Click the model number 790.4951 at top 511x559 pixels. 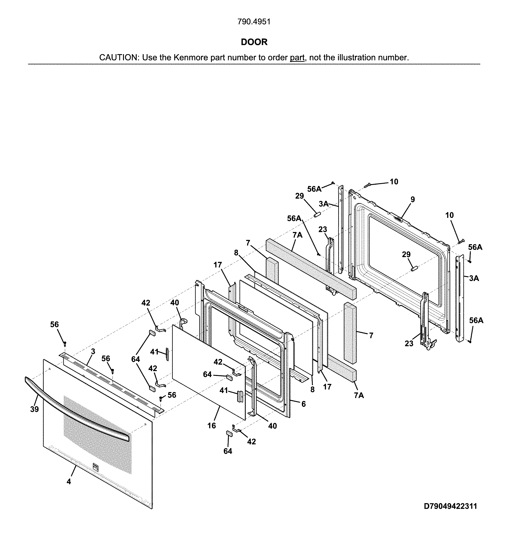coord(254,22)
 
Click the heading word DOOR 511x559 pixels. coord(254,42)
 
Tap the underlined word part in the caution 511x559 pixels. coord(297,58)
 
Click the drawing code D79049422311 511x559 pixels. coord(450,506)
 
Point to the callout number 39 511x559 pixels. coord(34,409)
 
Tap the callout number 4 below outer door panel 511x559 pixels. coord(69,482)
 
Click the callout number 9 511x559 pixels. coord(413,199)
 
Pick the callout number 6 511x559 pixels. coord(304,404)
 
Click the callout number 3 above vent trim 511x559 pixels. coord(93,351)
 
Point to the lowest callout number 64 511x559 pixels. coord(228,451)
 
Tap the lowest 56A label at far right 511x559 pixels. coord(476,321)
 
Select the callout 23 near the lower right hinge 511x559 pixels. coord(409,343)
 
